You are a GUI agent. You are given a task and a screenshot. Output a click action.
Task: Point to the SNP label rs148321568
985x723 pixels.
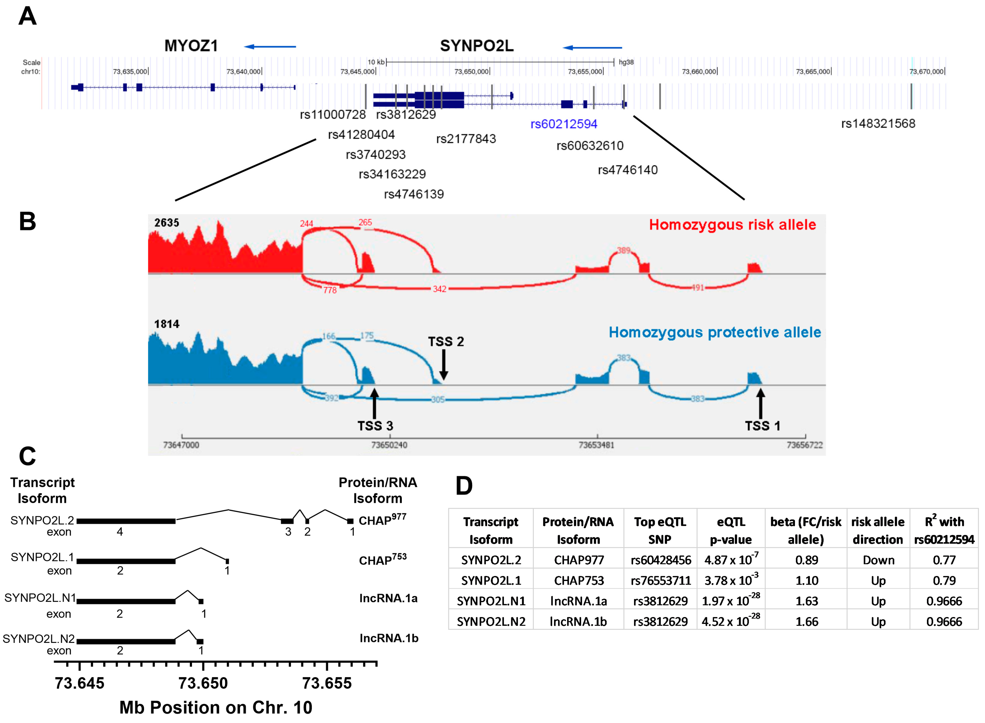click(878, 124)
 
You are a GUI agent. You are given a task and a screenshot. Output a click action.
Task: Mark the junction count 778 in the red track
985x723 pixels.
click(330, 290)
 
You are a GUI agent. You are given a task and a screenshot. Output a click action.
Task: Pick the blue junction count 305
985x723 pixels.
click(438, 400)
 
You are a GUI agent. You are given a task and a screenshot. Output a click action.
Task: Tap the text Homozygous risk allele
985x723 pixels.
click(732, 225)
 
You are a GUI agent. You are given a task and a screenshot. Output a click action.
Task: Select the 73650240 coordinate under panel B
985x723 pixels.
click(389, 445)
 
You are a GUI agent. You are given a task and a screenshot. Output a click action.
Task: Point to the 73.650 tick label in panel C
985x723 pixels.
click(203, 683)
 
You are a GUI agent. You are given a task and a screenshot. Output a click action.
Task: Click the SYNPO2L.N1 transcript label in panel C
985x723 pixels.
click(40, 598)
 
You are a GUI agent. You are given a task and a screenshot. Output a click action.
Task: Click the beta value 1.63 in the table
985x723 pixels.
click(806, 601)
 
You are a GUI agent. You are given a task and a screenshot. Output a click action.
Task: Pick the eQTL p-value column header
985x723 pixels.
click(731, 530)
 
